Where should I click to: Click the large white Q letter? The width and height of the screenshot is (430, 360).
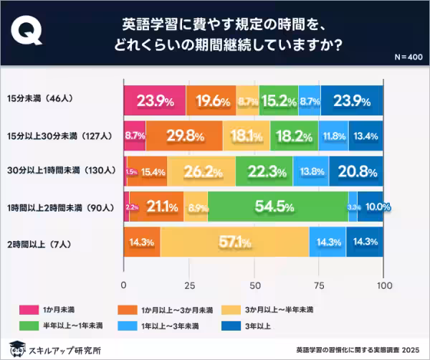coord(32,34)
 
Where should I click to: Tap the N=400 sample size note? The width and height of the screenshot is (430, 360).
coord(409,57)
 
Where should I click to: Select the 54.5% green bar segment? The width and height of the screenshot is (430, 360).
coord(278,207)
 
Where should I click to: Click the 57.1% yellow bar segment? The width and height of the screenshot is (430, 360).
coord(234,242)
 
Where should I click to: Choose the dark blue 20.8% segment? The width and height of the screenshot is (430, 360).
coord(356,171)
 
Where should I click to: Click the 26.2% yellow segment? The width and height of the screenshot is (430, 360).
coord(201,171)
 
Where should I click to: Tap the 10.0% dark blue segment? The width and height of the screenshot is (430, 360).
coord(371,207)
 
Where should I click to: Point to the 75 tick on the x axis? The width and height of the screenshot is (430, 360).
coord(319,285)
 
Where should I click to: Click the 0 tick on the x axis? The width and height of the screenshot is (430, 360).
coord(124,285)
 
